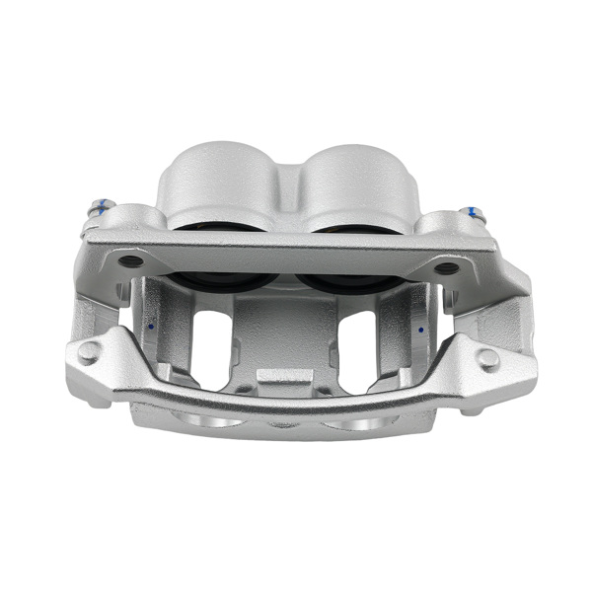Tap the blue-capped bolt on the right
tap(475, 212)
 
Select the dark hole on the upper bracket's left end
tap(130, 262)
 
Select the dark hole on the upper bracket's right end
tap(447, 267)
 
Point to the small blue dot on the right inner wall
tap(421, 330)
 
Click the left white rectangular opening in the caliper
tap(211, 345)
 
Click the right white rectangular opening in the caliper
tap(357, 345)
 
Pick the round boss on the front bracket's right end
tap(488, 358)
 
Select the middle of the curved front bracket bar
tap(286, 400)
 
